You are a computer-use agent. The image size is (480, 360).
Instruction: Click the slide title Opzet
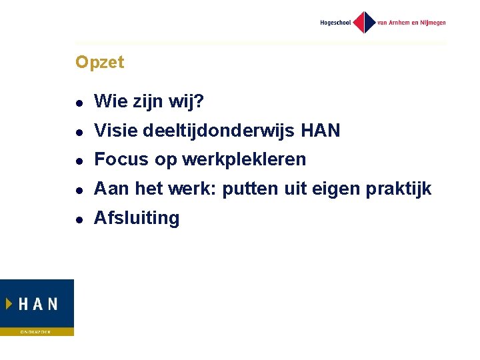[99, 63]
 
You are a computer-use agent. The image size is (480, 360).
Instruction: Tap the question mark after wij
[200, 101]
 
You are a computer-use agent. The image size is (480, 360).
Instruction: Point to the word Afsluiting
[137, 219]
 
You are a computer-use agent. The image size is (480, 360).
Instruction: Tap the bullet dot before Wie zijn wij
[79, 103]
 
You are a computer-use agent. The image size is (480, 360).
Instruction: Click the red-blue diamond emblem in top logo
[364, 22]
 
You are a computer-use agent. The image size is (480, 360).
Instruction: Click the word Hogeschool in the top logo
[335, 23]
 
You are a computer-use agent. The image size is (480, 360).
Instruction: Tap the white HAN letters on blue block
[37, 304]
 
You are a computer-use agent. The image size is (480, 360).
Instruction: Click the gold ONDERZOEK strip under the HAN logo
[37, 331]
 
